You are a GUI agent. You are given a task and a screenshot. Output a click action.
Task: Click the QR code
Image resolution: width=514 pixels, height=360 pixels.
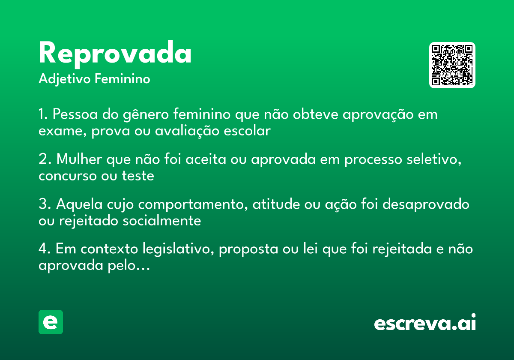452,65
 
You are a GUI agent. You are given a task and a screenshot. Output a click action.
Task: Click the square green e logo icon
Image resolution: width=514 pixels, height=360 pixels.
51,322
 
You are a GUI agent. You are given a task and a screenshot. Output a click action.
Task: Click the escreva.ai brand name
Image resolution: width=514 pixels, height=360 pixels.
425,323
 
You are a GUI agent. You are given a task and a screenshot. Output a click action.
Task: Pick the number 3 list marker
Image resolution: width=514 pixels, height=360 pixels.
42,204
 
